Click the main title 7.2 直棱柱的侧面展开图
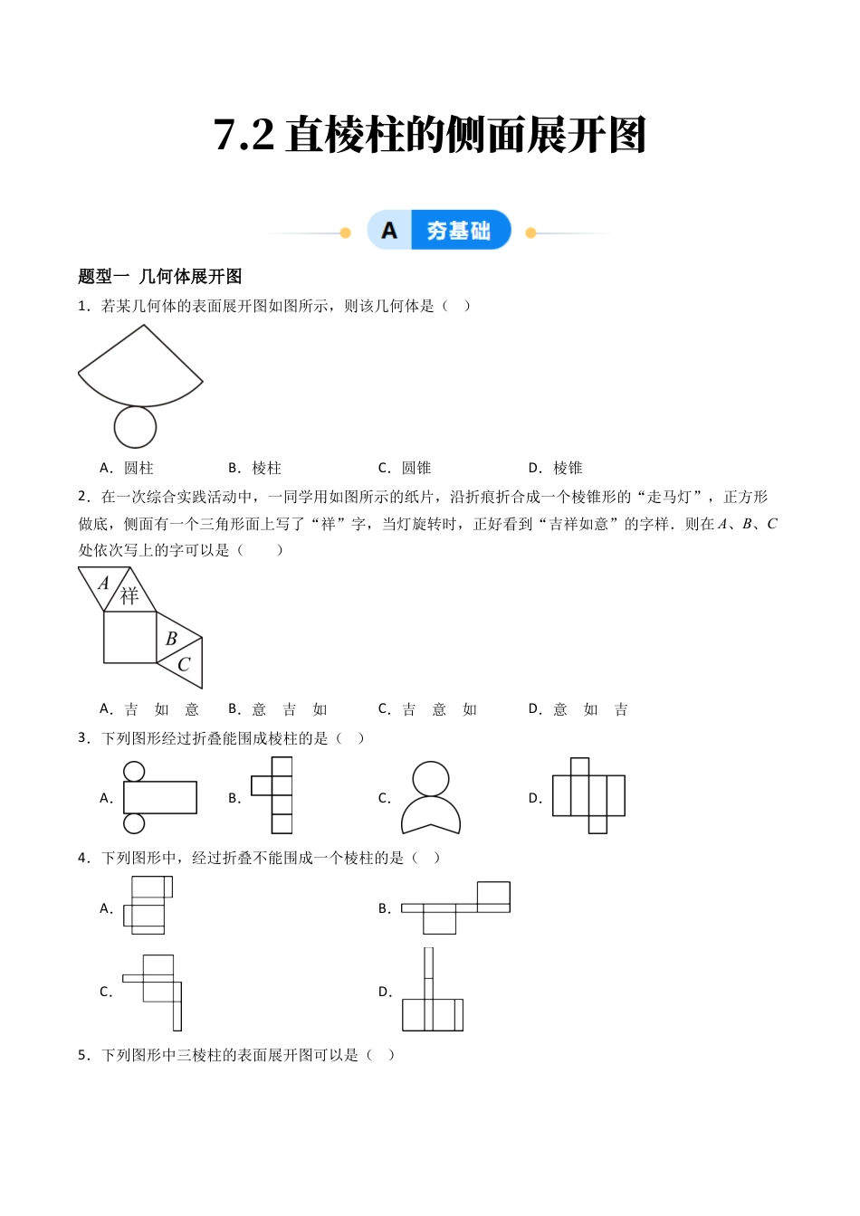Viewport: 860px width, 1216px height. coord(430,136)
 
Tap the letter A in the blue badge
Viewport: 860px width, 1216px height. coord(389,231)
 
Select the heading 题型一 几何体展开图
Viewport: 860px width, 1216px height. coord(160,277)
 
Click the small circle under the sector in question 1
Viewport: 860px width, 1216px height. coord(135,426)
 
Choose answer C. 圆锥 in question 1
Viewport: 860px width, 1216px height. coord(405,468)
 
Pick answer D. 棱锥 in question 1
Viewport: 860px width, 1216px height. coord(556,468)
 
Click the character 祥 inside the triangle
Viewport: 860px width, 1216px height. coord(129,595)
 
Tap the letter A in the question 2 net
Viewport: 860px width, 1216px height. coord(103,584)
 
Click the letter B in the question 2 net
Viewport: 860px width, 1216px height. coord(171,639)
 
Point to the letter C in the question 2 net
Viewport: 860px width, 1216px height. coord(184,664)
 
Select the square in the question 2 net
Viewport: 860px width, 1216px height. coord(130,637)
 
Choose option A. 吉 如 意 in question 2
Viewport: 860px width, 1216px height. coord(149,709)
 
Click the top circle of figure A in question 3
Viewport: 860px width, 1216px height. coord(134,771)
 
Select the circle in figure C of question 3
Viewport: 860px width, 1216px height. coord(431,779)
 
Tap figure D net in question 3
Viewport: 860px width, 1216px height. coord(588,794)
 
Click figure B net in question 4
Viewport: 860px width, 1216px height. coord(456,907)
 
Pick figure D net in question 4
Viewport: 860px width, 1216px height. coord(432,992)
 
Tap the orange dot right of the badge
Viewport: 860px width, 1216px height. coord(530,233)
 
